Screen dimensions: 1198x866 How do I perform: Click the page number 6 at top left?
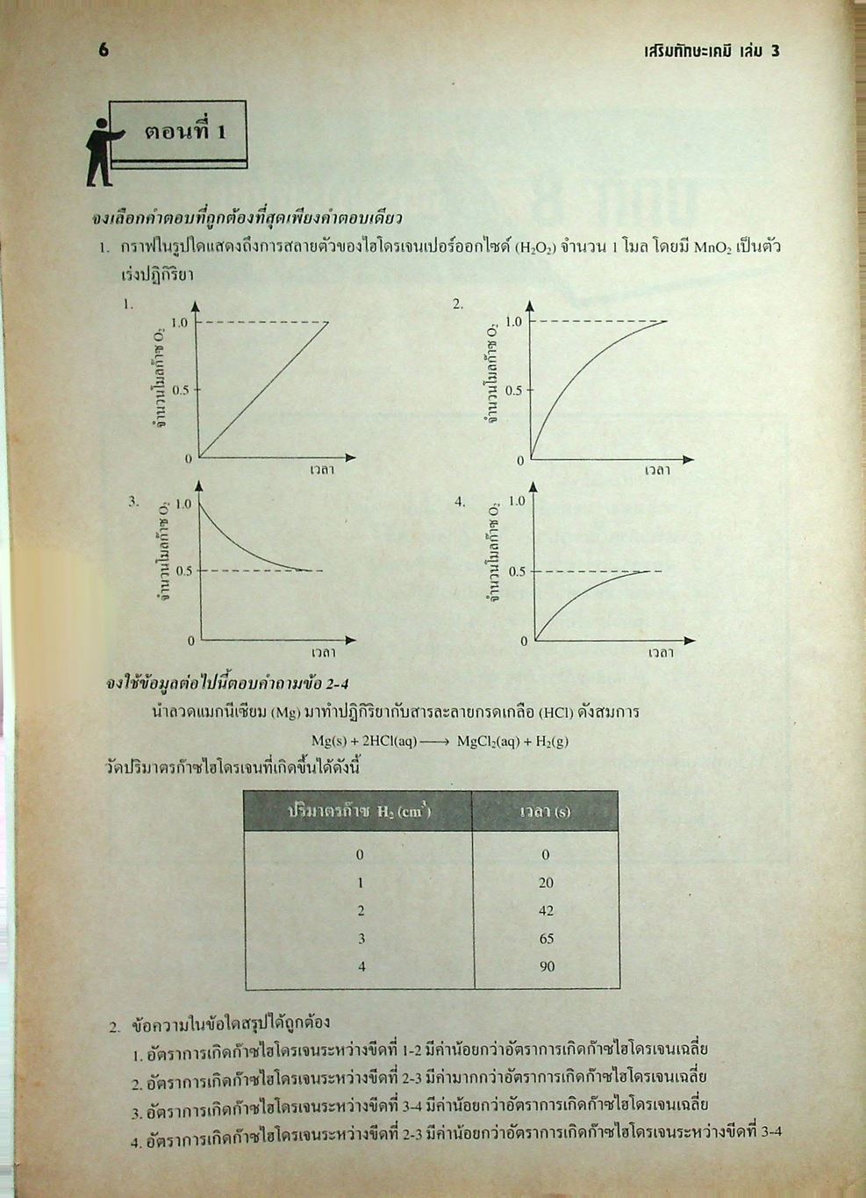click(104, 50)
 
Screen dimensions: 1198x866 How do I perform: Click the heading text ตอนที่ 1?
click(185, 133)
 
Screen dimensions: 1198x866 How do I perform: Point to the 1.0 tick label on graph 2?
click(513, 322)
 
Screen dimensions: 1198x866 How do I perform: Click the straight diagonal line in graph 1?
click(263, 390)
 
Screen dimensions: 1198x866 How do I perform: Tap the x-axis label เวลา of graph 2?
click(657, 471)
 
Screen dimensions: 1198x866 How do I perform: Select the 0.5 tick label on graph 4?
click(517, 572)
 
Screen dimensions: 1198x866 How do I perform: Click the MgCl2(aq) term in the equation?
click(487, 741)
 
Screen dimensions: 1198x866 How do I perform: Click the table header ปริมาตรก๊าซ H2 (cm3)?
click(359, 812)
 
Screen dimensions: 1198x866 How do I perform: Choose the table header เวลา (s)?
click(545, 812)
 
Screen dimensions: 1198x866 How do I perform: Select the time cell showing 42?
click(546, 911)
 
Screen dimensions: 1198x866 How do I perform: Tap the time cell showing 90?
click(546, 966)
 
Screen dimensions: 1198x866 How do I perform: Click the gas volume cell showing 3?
click(360, 939)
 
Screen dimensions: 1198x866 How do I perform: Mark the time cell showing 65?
click(546, 939)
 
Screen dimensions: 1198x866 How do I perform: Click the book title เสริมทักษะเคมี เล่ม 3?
click(711, 51)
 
